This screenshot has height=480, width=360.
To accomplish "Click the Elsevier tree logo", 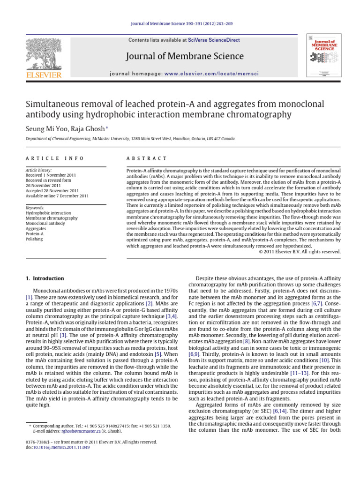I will (44, 55).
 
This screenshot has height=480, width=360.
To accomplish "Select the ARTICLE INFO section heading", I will (55, 159).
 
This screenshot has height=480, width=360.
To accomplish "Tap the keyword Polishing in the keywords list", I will (34, 239).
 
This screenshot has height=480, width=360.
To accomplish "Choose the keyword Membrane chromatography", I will (52, 218).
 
